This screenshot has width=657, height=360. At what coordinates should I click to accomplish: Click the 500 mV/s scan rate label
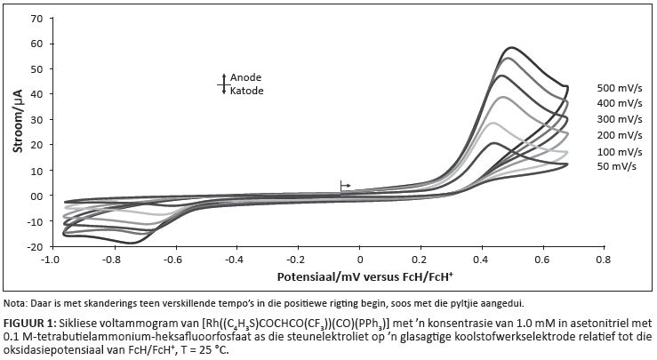tap(621, 88)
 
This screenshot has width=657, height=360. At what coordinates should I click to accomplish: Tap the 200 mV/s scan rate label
tap(621, 135)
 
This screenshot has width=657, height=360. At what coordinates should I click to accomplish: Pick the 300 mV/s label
tap(621, 119)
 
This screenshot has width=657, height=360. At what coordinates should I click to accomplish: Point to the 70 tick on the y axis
tap(36, 18)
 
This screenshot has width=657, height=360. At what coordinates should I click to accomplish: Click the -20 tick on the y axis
tap(34, 246)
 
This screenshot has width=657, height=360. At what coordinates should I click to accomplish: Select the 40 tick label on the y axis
tap(36, 94)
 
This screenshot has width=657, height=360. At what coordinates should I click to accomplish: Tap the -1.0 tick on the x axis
tap(50, 260)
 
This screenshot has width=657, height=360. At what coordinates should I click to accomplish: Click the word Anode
tap(246, 77)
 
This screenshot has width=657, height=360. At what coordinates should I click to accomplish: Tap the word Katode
tap(247, 91)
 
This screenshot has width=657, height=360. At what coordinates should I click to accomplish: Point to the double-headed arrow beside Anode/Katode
tap(224, 84)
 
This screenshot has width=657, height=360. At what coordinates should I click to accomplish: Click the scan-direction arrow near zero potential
tap(345, 185)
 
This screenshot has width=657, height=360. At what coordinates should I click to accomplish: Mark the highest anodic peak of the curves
tap(511, 48)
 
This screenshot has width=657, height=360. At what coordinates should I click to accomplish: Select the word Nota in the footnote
tap(15, 302)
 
